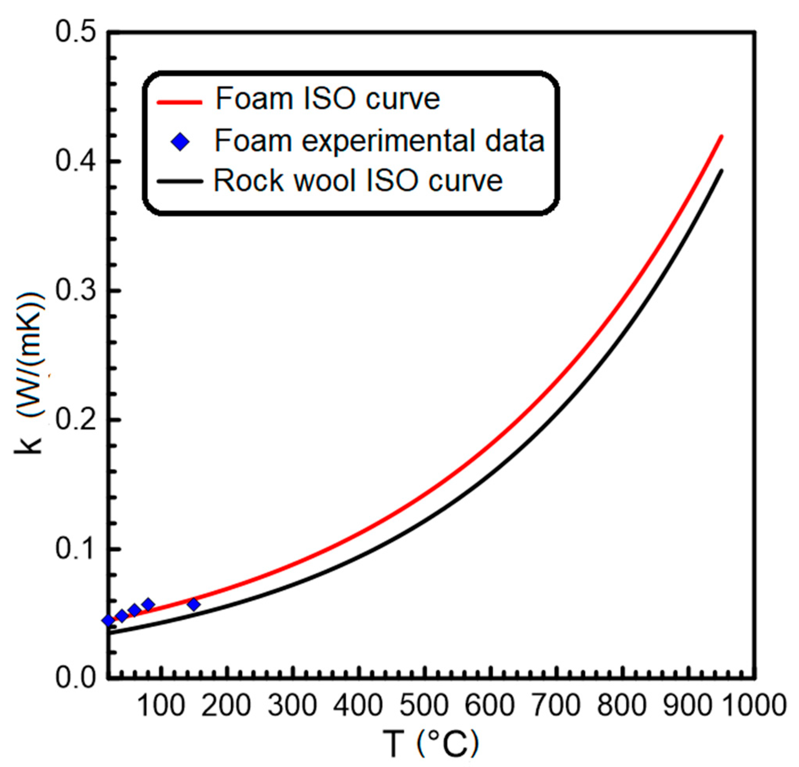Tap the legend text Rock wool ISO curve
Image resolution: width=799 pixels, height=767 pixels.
click(358, 181)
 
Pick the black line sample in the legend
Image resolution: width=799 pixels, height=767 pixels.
click(179, 181)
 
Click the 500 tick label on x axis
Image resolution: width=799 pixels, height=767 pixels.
click(423, 705)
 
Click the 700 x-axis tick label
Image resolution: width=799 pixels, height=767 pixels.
click(556, 705)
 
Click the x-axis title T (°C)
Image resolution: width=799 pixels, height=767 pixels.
click(431, 744)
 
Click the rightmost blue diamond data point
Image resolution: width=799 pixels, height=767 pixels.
click(194, 604)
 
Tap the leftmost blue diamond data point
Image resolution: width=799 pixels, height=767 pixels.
click(108, 621)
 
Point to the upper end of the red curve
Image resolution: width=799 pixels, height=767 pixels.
click(721, 137)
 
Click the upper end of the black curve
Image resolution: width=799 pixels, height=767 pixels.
click(722, 171)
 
